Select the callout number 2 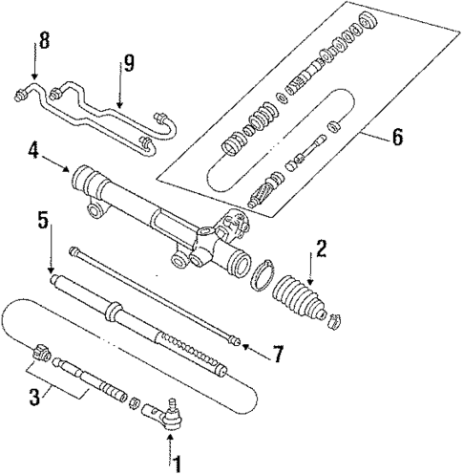(323, 250)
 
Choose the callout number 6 (395, 137)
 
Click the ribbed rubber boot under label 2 (302, 299)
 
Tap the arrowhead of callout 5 (51, 273)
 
